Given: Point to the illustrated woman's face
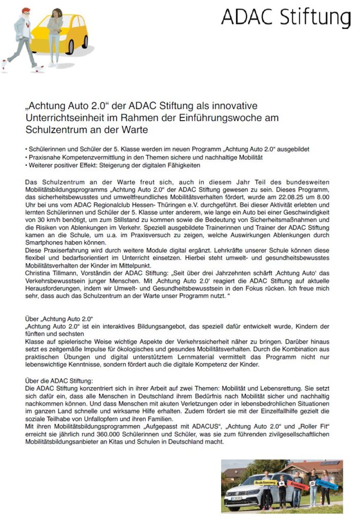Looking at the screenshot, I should coord(54,12).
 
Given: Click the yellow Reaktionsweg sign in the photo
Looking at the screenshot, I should coord(266,483).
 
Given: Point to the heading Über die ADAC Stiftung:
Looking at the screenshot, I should coord(59,380).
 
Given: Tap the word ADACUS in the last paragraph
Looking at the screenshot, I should coord(206,427).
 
